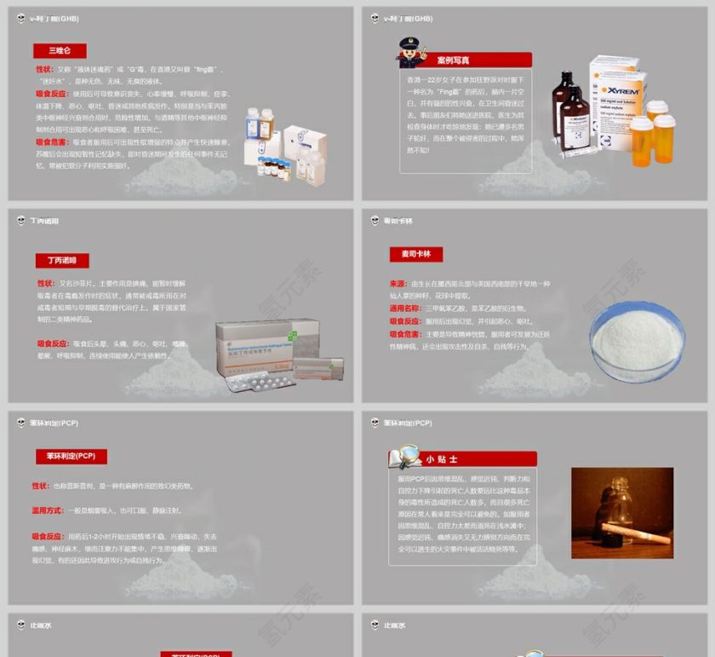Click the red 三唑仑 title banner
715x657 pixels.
point(60,51)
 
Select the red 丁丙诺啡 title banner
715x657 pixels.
point(61,260)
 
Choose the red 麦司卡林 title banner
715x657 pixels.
point(416,254)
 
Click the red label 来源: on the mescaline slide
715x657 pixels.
point(398,284)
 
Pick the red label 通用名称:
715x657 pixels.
point(405,308)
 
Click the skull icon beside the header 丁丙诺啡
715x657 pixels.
point(21,221)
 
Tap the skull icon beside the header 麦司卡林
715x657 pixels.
point(375,221)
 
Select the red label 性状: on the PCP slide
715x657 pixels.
point(40,486)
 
